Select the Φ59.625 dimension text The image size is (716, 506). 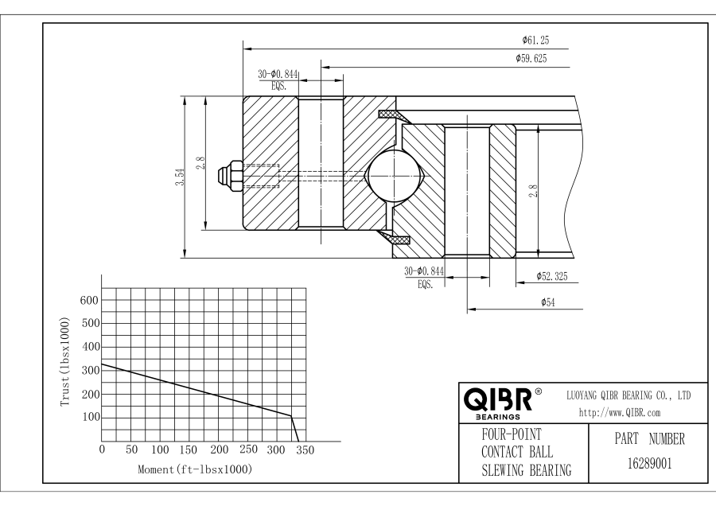click(x=530, y=59)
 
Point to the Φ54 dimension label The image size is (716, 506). click(x=548, y=302)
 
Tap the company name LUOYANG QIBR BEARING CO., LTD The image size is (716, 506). click(x=628, y=395)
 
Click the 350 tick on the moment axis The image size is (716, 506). click(x=305, y=450)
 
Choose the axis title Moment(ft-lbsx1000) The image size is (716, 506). click(x=196, y=469)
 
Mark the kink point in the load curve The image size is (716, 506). click(x=290, y=415)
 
